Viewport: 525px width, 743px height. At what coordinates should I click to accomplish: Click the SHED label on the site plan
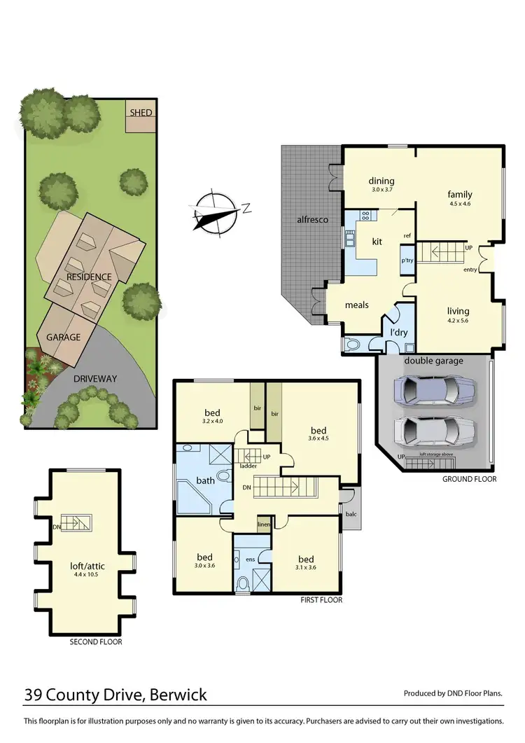(x=141, y=113)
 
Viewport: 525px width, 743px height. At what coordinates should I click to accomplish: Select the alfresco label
(x=312, y=219)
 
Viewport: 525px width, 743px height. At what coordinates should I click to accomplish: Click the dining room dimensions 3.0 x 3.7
(x=381, y=189)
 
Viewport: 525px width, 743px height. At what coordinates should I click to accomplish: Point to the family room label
(x=460, y=194)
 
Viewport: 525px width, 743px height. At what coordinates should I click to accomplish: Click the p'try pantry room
(x=407, y=260)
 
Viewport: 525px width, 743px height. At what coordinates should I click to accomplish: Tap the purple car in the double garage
(x=435, y=390)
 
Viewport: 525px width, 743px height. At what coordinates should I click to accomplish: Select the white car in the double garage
(x=435, y=431)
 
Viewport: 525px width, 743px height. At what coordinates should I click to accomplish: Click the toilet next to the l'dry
(x=353, y=345)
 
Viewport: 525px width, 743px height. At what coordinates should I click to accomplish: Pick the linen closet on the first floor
(x=264, y=525)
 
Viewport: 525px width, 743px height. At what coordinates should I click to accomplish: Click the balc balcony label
(x=351, y=514)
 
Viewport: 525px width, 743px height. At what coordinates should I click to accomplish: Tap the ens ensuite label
(x=250, y=559)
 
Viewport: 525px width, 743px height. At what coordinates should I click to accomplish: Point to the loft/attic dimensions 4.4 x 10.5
(x=86, y=574)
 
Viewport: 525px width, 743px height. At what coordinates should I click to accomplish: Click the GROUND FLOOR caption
(x=469, y=479)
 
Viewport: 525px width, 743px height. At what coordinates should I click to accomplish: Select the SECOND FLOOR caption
(x=96, y=641)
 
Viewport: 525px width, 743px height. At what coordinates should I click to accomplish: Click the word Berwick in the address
(x=178, y=695)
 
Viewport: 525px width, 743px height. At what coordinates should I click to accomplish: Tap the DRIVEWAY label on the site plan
(x=95, y=379)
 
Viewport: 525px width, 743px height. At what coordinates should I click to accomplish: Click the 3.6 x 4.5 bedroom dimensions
(x=318, y=438)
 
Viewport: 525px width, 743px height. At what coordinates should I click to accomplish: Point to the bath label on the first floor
(x=205, y=480)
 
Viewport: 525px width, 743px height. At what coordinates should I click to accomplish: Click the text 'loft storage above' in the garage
(x=437, y=454)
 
